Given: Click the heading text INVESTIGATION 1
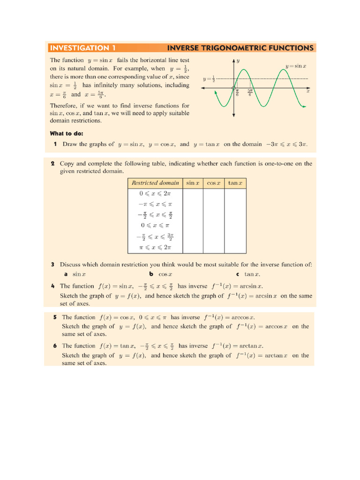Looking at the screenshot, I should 82,48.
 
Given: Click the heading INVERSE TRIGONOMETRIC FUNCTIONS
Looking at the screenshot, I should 240,48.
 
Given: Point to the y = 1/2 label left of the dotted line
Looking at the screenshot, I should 209,79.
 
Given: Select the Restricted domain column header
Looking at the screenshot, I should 155,183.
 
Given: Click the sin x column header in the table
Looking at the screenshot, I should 193,183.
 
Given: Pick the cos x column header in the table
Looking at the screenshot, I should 214,183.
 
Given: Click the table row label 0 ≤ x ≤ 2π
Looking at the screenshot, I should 155,193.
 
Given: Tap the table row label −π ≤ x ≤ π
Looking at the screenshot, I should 155,204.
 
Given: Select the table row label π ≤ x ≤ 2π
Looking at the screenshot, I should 155,247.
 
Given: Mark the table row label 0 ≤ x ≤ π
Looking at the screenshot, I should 155,225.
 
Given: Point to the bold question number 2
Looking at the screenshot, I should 52,164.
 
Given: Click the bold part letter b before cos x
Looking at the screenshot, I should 151,274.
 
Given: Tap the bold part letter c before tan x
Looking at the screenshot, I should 238,274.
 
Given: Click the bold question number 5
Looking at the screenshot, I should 55,317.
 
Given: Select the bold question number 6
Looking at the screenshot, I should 55,346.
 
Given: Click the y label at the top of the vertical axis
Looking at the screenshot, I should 238,61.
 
